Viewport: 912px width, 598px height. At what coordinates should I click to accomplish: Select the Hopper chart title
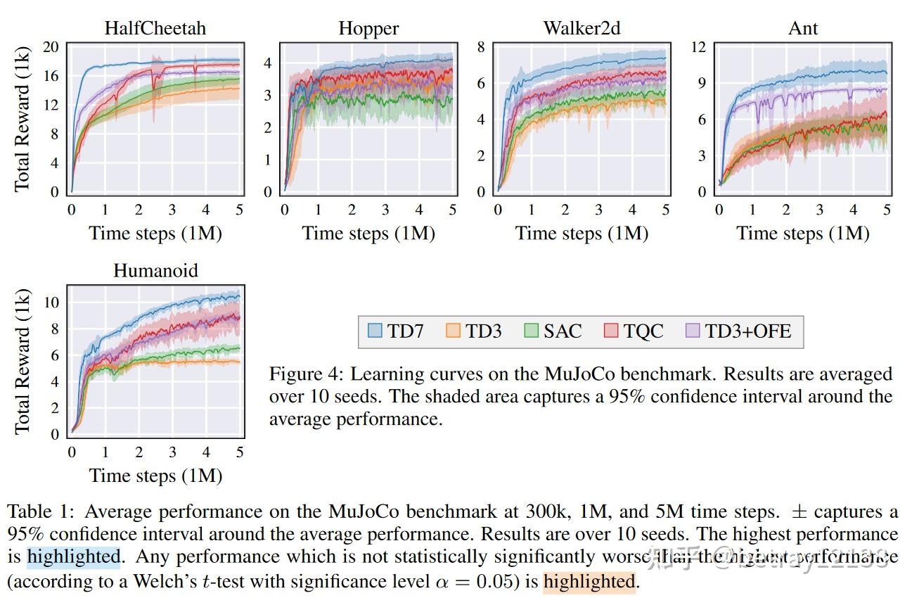coord(368,28)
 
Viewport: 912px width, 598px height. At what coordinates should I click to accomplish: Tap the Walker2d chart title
coord(582,28)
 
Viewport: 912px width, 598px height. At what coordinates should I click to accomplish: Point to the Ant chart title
coord(803,28)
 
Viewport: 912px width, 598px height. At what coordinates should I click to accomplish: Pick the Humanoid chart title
coord(155,271)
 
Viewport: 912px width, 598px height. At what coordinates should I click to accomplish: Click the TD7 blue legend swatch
coord(375,331)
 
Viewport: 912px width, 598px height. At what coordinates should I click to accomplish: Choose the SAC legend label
coord(563,331)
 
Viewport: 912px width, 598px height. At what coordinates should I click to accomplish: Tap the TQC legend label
coord(643,331)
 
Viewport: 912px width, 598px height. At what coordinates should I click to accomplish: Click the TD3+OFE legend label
coord(748,331)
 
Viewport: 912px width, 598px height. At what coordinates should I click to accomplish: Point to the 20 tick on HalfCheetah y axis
coord(51,47)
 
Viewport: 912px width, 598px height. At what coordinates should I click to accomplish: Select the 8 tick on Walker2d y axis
coord(481,47)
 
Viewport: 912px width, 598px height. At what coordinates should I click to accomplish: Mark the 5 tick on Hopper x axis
coord(452,210)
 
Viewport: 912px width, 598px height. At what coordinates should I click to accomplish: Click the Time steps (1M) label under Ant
coord(802,234)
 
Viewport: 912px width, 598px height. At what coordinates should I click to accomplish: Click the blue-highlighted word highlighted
coord(74,558)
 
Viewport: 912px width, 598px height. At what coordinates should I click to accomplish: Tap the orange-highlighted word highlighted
coord(589,582)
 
